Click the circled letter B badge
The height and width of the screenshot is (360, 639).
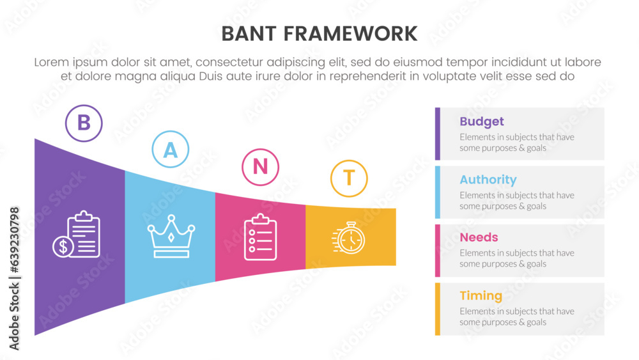click(x=84, y=123)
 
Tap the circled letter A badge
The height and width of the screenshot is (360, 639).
click(x=171, y=149)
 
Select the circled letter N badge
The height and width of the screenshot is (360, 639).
click(x=261, y=167)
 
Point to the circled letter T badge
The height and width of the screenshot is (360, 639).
click(x=349, y=178)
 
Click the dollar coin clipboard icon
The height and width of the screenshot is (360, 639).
click(x=76, y=235)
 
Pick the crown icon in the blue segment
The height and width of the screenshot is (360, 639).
click(x=171, y=236)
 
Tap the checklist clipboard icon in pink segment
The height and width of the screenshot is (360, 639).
click(x=261, y=237)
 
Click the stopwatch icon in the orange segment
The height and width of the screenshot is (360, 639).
click(x=348, y=238)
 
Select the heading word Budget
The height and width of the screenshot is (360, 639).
click(x=482, y=121)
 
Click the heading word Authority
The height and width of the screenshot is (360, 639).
click(x=488, y=180)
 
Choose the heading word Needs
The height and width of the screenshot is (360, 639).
click(x=479, y=237)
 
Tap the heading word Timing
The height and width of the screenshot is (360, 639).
click(x=481, y=295)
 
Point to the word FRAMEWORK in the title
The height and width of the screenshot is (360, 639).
click(x=350, y=34)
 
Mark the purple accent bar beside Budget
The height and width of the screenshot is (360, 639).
click(x=438, y=134)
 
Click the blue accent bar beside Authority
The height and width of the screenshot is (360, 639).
click(x=438, y=192)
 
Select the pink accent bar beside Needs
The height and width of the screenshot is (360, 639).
click(x=438, y=250)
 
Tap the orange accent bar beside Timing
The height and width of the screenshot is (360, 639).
click(x=438, y=309)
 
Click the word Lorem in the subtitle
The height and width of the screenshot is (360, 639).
click(x=52, y=62)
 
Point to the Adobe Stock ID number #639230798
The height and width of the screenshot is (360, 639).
click(x=14, y=240)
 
